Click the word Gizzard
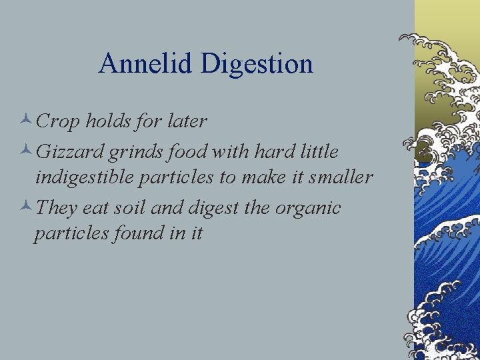point(69,152)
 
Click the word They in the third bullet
point(57,208)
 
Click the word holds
point(109,121)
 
